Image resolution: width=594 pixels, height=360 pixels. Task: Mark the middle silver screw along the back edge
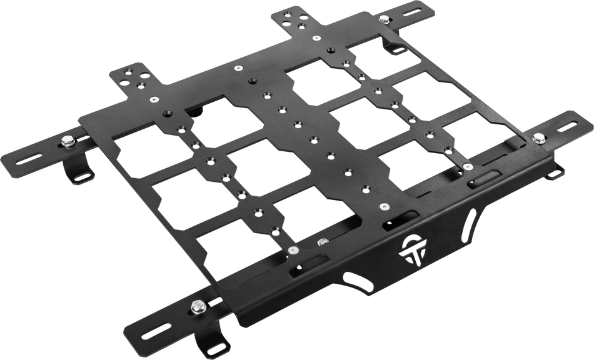[238, 67]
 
